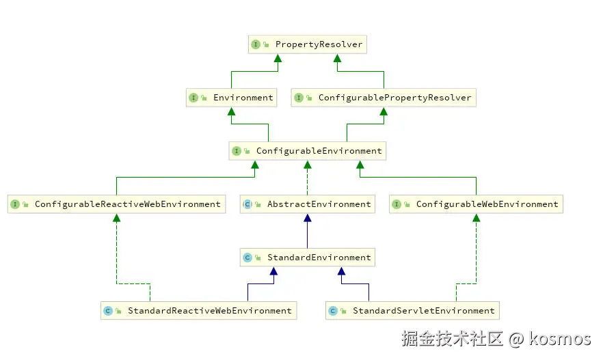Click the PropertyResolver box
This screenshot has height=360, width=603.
pos(307,45)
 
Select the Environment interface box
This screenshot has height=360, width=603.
pos(232,98)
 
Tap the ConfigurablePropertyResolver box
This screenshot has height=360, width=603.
pos(383,98)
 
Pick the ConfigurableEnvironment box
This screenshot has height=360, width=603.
pos(307,151)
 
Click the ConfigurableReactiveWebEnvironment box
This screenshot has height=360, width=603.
pos(116,204)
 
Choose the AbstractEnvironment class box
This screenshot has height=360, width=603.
pos(307,204)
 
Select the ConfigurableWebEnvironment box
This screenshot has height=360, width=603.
pos(476,204)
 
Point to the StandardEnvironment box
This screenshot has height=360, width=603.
pos(307,258)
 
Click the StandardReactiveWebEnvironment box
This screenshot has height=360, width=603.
pos(198,311)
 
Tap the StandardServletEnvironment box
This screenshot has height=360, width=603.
pos(412,311)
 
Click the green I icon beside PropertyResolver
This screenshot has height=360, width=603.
pos(256,45)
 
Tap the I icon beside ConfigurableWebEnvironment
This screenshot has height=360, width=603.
pos(397,204)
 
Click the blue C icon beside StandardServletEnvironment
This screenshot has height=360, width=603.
pos(333,311)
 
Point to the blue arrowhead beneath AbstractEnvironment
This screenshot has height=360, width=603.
pos(307,219)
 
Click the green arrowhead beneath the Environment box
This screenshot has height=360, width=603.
pos(232,112)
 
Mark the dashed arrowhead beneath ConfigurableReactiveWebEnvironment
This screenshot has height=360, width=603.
pos(116,219)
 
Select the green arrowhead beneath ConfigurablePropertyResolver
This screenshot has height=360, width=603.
pos(384,112)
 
